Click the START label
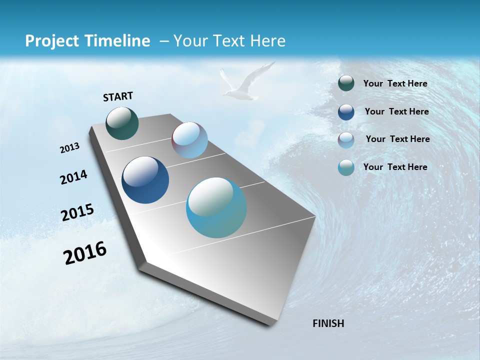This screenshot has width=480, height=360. tap(118, 96)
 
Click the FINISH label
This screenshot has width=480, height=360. tap(328, 323)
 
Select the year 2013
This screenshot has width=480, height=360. tap(69, 148)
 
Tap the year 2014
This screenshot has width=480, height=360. tap(73, 177)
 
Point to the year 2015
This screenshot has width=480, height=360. tap(77, 212)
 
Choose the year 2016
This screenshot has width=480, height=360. tap(85, 253)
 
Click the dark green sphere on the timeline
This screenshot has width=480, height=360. tap(122, 123)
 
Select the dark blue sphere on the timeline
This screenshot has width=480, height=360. tap(145, 180)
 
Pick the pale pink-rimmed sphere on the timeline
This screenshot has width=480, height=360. tap(189, 140)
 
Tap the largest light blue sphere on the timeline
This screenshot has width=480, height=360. tap(216, 207)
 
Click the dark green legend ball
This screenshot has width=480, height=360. tap(346, 83)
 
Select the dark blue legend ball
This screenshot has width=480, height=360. tap(346, 112)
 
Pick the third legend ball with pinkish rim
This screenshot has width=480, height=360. tap(346, 140)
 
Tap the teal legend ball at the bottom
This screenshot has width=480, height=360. tap(346, 168)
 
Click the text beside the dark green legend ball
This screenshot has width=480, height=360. tap(395, 83)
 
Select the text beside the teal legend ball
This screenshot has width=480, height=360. tap(395, 167)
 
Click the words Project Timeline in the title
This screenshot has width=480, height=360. tap(87, 41)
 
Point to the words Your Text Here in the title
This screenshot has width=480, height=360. tap(229, 41)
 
